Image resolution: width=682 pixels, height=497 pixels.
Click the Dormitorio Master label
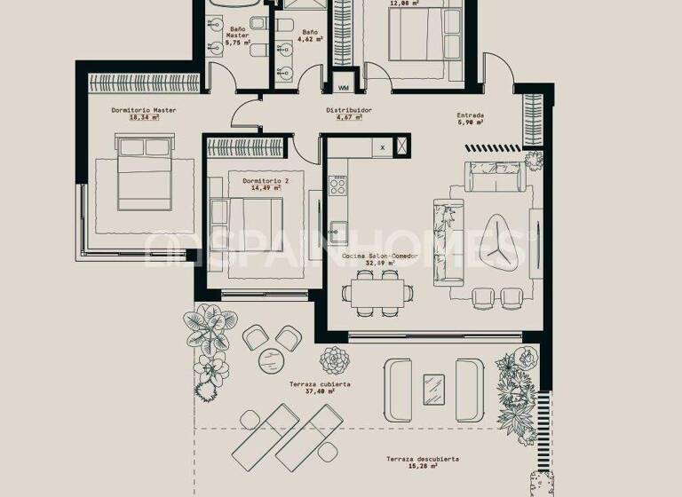[x=144, y=110]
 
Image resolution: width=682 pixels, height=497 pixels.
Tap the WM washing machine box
[x=344, y=88]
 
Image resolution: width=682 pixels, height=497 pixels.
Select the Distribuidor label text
[x=348, y=110]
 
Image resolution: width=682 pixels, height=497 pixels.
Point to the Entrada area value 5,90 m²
[x=470, y=122]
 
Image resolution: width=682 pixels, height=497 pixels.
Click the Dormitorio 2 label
[x=261, y=180]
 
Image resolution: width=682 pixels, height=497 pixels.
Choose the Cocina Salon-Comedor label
[x=379, y=256]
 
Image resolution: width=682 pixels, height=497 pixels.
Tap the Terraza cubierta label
[x=319, y=384]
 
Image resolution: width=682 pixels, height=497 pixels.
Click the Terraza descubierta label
[x=422, y=459]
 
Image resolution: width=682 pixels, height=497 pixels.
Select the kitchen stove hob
[x=338, y=187]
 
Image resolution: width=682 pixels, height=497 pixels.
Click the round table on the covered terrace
[x=270, y=360]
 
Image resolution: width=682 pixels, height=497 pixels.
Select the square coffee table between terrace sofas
[x=433, y=388]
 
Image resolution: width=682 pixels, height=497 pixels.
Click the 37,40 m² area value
[x=319, y=391]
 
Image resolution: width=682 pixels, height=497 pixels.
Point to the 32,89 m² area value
[x=379, y=263]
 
